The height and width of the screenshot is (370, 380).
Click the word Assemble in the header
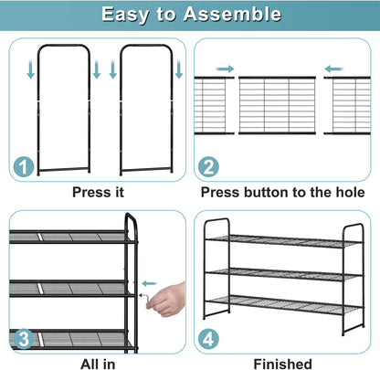pyautogui.click(x=232, y=14)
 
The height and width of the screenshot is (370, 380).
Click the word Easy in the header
pyautogui.click(x=125, y=15)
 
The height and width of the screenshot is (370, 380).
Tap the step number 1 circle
pyautogui.click(x=24, y=166)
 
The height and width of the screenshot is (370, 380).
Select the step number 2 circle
pyautogui.click(x=208, y=166)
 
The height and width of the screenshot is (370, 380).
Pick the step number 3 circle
pyautogui.click(x=24, y=339)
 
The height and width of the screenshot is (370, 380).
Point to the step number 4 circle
pyautogui.click(x=208, y=339)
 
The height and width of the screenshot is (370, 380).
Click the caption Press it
pyautogui.click(x=98, y=193)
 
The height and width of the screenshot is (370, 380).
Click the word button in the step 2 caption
pyautogui.click(x=266, y=193)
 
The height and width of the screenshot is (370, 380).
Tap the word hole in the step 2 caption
pyautogui.click(x=350, y=193)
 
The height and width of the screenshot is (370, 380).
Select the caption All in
pyautogui.click(x=98, y=365)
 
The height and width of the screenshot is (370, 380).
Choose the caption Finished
pyautogui.click(x=283, y=365)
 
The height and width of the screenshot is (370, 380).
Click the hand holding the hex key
pyautogui.click(x=167, y=300)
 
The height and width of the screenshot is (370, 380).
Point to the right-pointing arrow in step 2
pyautogui.click(x=225, y=69)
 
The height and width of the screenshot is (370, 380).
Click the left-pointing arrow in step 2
pyautogui.click(x=334, y=69)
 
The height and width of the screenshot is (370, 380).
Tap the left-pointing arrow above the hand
pyautogui.click(x=149, y=283)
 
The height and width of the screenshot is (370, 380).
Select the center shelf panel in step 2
pyautogui.click(x=277, y=105)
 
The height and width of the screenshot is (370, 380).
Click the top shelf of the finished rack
pyautogui.click(x=284, y=241)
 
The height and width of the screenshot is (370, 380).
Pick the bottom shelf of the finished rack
pyautogui.click(x=284, y=305)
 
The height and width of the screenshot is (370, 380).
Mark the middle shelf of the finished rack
pyautogui.click(x=284, y=274)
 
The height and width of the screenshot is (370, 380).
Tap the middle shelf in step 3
pyautogui.click(x=71, y=288)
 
